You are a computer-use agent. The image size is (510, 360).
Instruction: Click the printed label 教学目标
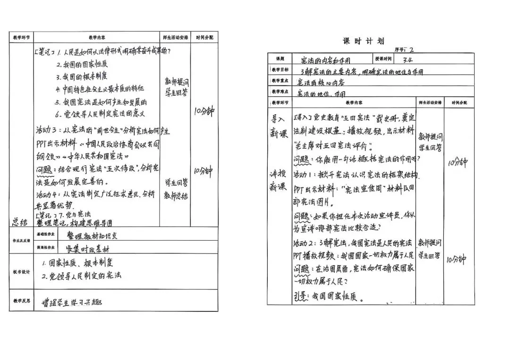point(279,70)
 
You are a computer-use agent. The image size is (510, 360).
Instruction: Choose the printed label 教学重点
point(279,81)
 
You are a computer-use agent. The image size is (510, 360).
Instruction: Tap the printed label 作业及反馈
point(21,241)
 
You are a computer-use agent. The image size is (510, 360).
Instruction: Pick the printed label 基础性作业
point(46,234)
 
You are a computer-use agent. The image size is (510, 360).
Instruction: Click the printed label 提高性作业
point(46,247)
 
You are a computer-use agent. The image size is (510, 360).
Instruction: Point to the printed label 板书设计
point(21,272)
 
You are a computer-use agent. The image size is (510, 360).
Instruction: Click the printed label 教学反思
point(21,301)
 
